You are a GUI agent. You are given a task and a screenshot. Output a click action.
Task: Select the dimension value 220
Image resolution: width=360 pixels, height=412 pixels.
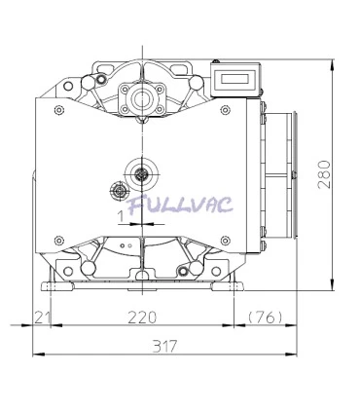142,318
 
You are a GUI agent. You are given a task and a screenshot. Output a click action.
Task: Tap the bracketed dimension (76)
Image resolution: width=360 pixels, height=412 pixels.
265,318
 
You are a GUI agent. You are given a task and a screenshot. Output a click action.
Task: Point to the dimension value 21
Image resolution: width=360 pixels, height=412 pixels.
41,318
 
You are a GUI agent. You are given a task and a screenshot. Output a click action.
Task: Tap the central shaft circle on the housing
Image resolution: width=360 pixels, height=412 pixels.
143,173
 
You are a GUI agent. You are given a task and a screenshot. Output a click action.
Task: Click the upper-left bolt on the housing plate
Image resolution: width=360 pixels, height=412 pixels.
60,110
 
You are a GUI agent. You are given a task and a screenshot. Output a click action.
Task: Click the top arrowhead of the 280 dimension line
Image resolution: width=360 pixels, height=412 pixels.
333,64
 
